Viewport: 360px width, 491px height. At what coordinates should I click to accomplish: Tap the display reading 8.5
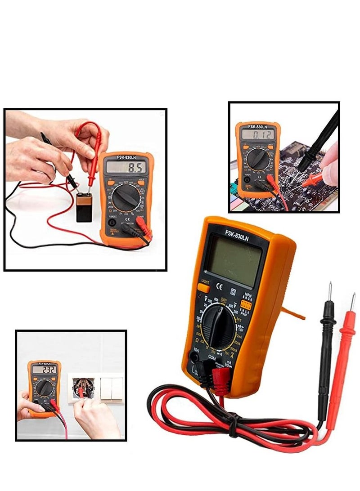pos(126,168)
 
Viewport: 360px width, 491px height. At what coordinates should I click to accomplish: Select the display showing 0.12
pos(257,134)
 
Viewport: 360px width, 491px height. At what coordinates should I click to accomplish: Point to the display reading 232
pos(44,370)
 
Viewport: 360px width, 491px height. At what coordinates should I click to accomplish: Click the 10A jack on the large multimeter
pos(195,357)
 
